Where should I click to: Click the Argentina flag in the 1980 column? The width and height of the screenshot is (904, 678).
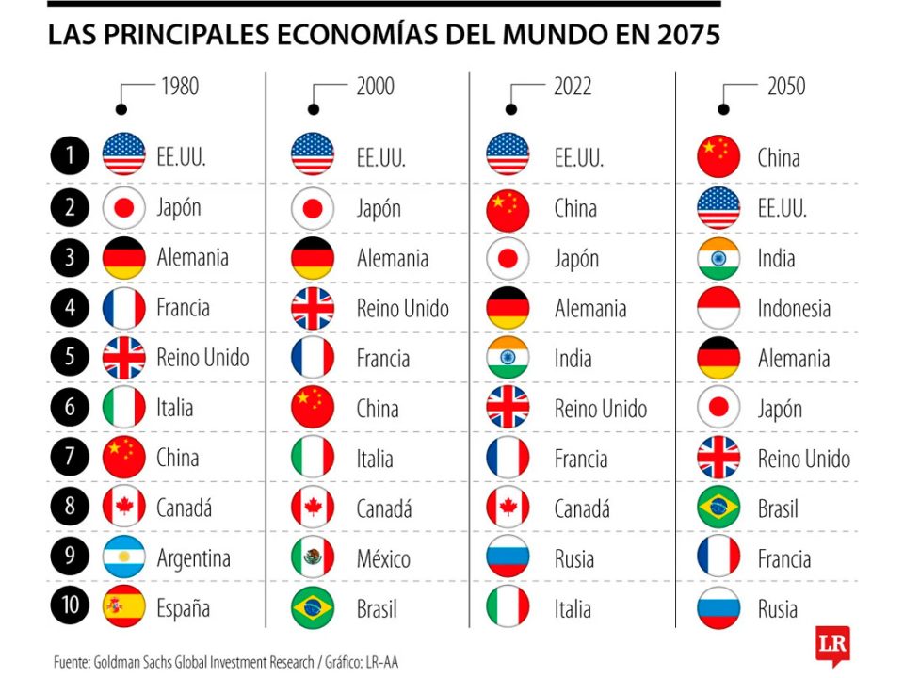tap(123, 557)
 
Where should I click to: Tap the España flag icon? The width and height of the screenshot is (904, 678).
tap(123, 606)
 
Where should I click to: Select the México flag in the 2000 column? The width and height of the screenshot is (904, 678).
tap(313, 557)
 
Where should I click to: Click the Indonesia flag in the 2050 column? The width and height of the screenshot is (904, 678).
tap(718, 308)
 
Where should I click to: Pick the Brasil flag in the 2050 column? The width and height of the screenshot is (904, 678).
tap(718, 508)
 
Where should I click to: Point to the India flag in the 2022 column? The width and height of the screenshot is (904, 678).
tap(508, 358)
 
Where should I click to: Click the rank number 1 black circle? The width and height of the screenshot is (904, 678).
tap(69, 155)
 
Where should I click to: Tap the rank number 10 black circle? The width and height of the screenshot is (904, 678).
tap(69, 606)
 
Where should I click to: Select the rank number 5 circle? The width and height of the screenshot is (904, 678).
tap(69, 357)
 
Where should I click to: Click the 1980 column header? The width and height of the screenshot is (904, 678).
tap(179, 87)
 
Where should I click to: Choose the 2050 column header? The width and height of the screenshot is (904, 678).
tap(785, 87)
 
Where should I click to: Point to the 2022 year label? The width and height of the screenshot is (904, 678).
tap(572, 87)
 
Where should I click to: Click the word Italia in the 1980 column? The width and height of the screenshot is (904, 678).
tap(175, 408)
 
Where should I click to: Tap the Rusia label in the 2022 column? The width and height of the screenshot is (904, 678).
tap(574, 559)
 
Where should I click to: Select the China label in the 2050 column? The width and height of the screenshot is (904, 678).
tap(779, 156)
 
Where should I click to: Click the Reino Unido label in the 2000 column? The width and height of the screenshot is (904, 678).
tap(402, 308)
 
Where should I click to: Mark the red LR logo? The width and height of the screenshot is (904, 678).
tap(831, 645)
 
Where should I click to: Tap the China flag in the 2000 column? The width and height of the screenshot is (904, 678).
tap(313, 408)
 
